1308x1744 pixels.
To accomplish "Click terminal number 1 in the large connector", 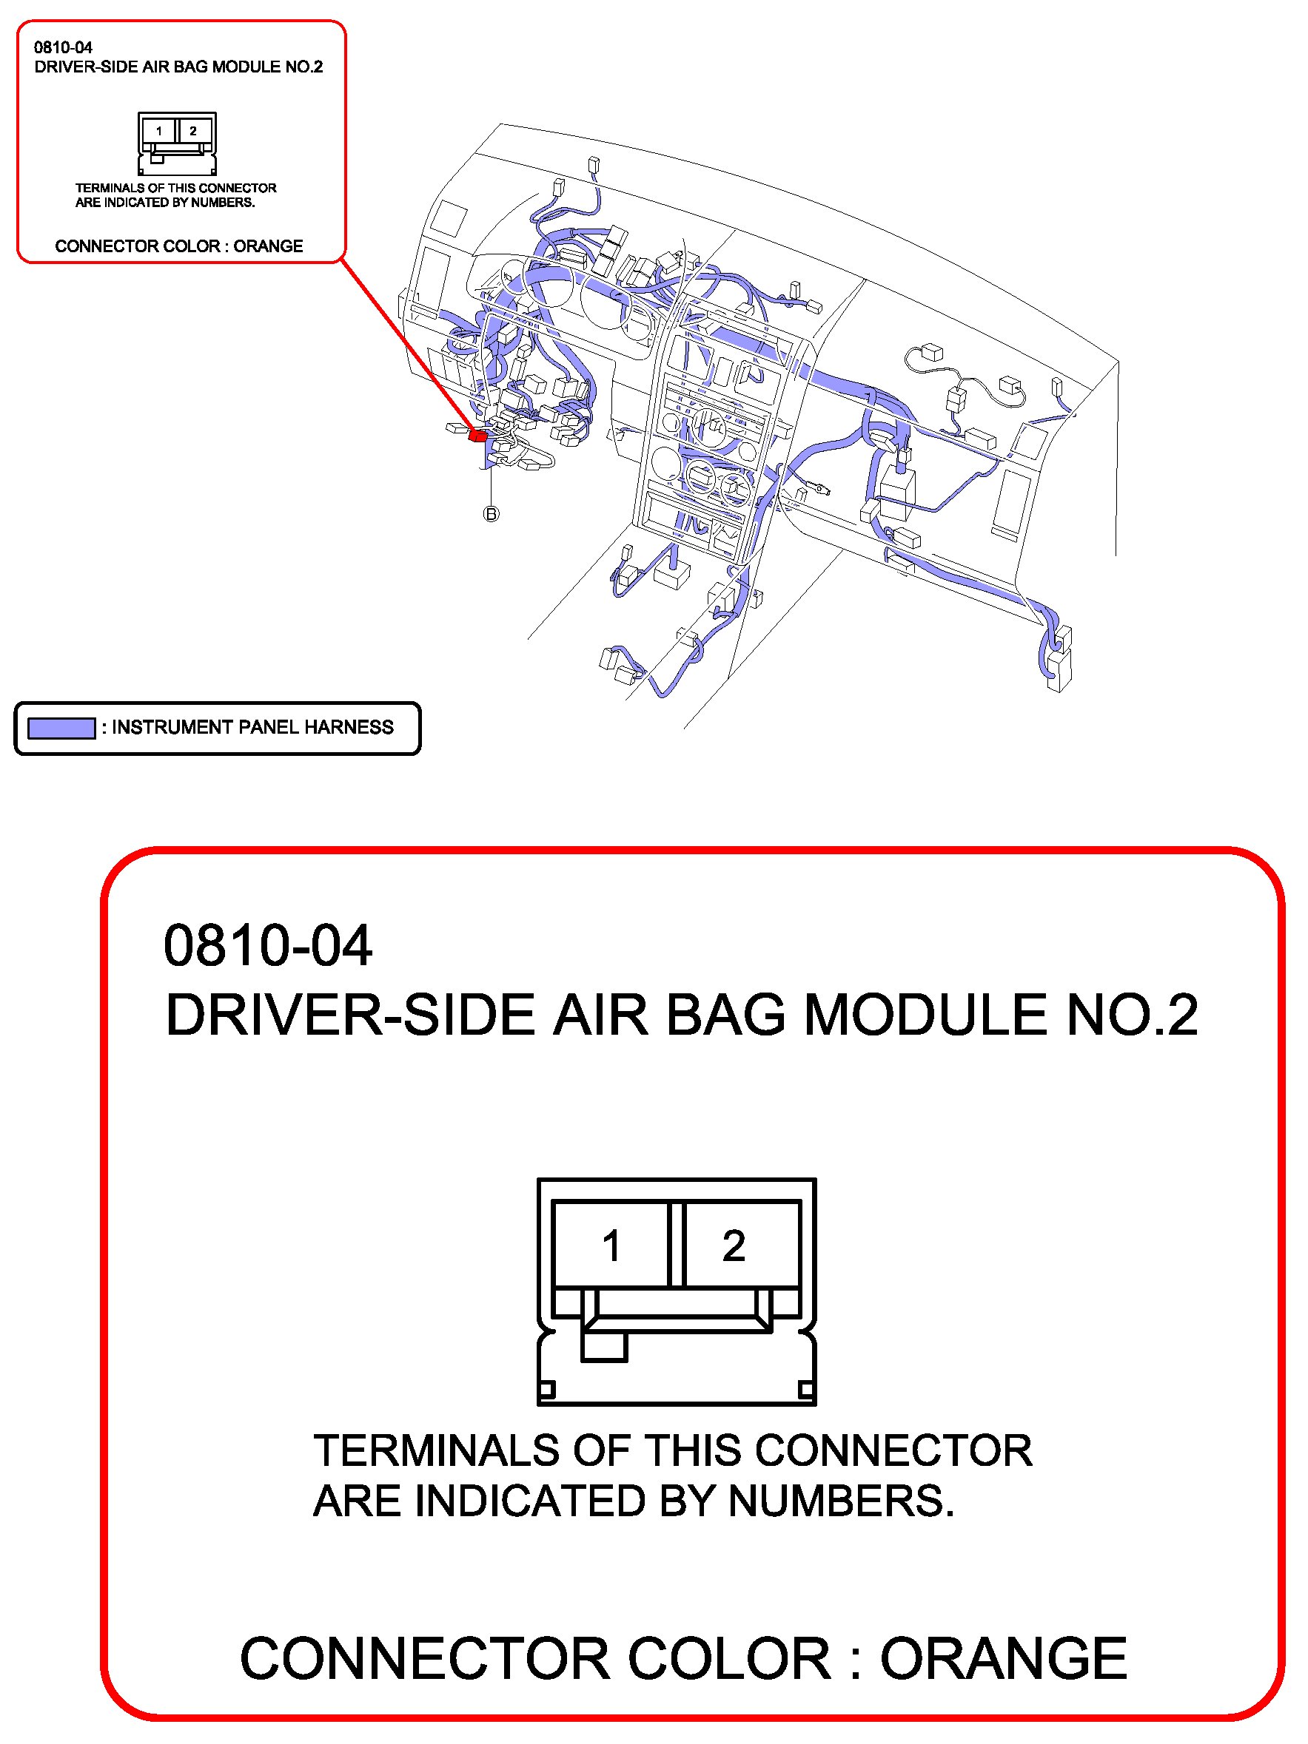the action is point(611,1246).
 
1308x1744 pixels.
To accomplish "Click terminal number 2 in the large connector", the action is point(733,1246).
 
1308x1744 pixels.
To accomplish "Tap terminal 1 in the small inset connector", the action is point(159,131).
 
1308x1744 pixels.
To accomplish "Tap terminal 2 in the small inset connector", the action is point(193,131).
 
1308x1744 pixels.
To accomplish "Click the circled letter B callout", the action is point(491,514).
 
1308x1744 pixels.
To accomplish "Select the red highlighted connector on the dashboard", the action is point(477,433).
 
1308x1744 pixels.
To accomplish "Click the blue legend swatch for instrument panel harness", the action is point(61,728).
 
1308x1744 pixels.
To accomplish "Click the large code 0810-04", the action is point(267,945).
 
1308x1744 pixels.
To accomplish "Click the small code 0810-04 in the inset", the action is point(63,47).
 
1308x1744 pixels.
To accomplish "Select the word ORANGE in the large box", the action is point(1003,1658).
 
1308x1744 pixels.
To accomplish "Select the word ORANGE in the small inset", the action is point(268,246).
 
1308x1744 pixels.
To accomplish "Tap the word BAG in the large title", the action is point(725,1015).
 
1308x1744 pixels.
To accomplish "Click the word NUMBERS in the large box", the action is point(840,1501).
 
